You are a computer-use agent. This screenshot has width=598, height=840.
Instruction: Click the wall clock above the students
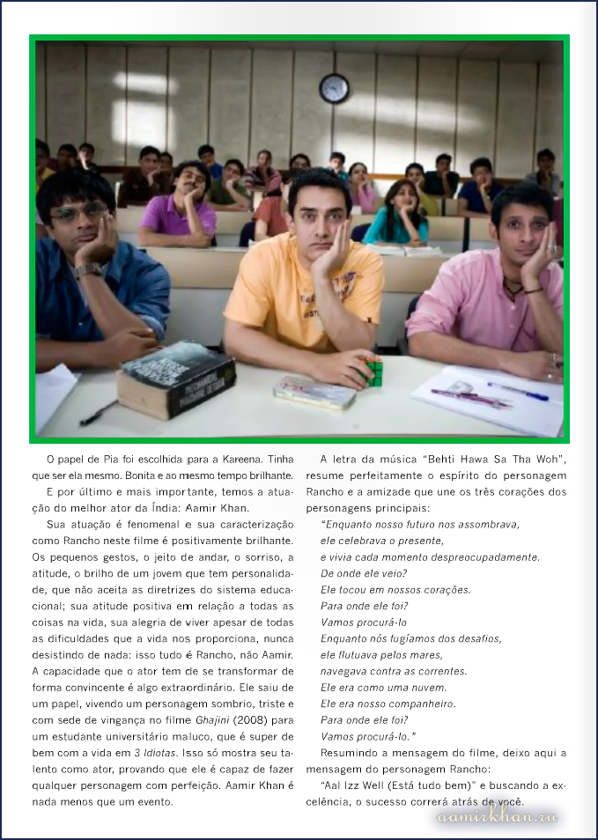[334, 88]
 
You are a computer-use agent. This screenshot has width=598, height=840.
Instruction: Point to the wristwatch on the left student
[88, 270]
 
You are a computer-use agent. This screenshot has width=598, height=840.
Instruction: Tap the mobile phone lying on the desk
[314, 391]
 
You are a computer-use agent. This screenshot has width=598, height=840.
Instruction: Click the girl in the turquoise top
[399, 215]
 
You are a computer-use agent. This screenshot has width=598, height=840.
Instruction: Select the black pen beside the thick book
[99, 412]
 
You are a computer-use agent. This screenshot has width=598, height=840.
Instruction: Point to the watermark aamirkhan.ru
[497, 818]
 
